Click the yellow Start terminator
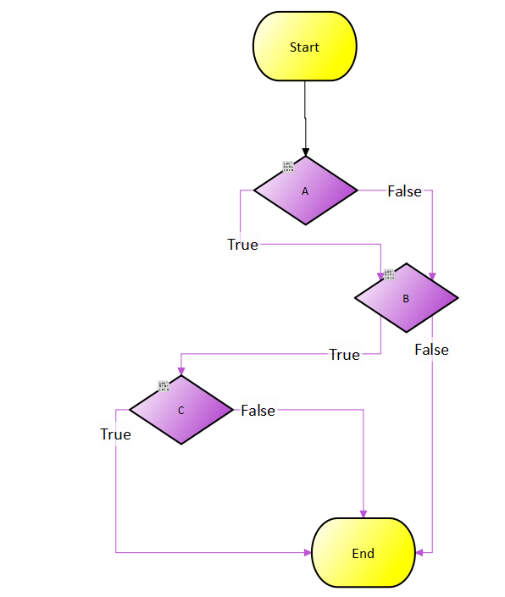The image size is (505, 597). pos(305,47)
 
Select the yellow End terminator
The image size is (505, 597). pos(363,553)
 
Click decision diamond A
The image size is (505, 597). pos(305,191)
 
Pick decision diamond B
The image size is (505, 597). pos(406,298)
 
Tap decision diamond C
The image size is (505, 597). pos(180,410)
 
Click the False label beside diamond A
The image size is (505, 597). pos(404,191)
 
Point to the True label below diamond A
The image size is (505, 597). pos(242,245)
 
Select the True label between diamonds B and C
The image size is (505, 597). pos(344,355)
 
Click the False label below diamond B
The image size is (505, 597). pos(431,350)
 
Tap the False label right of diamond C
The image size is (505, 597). pos(258,410)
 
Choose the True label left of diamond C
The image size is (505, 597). pos(115,434)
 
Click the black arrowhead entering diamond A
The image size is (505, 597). pos(305,152)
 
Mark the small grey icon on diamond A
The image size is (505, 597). pos(288,166)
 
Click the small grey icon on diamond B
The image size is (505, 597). pos(389,274)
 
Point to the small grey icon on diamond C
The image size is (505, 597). pos(164,386)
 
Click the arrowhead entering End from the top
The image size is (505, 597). pos(363,513)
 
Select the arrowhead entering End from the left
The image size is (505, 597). pos(308,553)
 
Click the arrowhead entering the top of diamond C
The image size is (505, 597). pos(180,372)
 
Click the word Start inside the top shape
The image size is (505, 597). pos(305,47)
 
